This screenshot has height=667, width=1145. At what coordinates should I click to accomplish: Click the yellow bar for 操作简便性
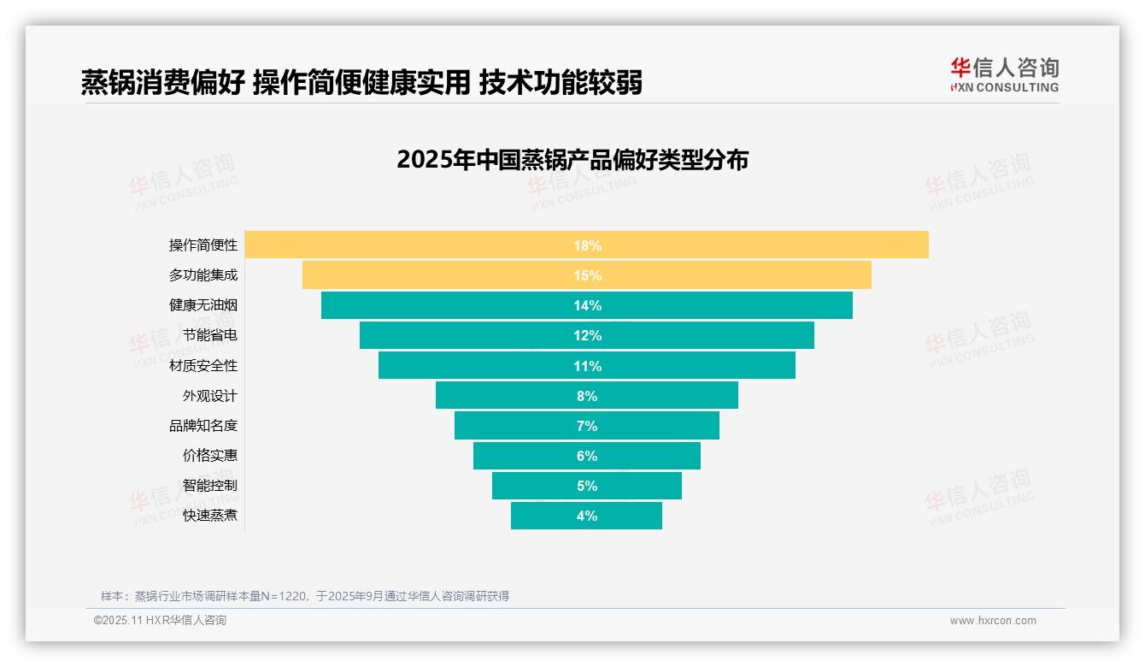point(427,245)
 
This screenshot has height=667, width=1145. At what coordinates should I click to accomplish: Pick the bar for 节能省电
point(470,335)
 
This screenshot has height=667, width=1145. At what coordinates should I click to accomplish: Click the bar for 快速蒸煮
point(547,516)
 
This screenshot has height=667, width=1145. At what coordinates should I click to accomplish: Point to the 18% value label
point(587,245)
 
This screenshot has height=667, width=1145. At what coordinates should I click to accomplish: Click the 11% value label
point(587,366)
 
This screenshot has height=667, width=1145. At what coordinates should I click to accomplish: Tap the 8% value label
point(587,396)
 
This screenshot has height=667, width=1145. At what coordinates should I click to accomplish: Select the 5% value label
point(587,486)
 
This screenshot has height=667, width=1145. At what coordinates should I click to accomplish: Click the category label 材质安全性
point(203,366)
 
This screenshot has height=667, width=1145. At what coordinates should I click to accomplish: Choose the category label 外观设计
point(210,396)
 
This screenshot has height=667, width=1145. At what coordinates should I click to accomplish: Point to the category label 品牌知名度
point(203,426)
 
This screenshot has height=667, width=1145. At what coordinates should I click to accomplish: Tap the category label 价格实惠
point(210,456)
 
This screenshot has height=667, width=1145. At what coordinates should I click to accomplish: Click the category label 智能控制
point(210,486)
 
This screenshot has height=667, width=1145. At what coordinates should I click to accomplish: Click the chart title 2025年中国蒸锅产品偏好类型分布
point(572,160)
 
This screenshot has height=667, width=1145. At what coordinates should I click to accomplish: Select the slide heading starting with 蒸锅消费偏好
point(361,83)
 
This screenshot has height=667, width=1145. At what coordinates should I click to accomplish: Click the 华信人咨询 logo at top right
point(1004,75)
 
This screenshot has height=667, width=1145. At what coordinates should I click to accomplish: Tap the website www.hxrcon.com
point(993,621)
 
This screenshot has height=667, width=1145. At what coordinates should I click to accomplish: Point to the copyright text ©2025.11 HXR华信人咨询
point(160,621)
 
